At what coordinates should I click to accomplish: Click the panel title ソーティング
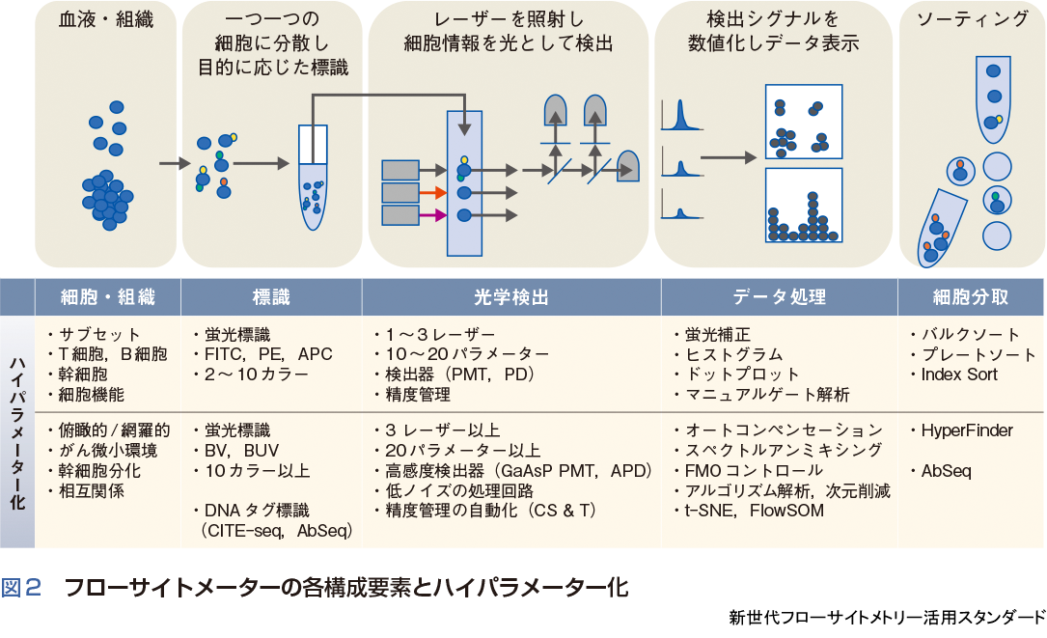(x=971, y=19)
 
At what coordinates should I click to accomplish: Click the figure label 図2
(x=21, y=587)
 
